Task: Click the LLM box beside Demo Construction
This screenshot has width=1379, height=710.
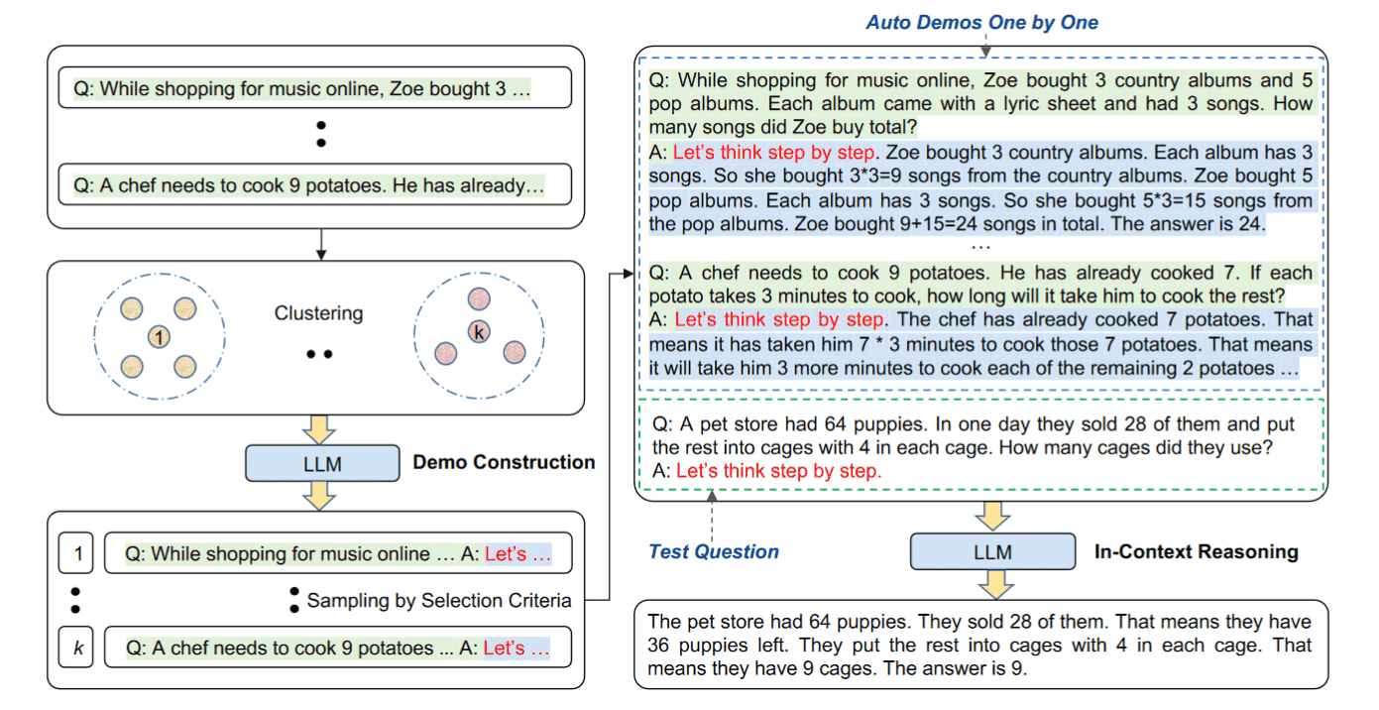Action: click(322, 463)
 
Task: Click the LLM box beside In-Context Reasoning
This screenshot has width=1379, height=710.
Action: click(992, 551)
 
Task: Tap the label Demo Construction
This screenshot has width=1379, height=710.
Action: click(504, 462)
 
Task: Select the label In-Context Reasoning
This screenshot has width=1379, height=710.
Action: click(1197, 551)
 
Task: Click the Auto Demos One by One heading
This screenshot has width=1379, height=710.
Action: click(981, 22)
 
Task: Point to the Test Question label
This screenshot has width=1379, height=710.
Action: click(714, 551)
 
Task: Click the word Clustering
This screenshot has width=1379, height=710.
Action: click(318, 313)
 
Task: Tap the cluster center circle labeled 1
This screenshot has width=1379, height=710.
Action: click(159, 337)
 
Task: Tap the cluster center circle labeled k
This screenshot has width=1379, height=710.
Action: click(479, 332)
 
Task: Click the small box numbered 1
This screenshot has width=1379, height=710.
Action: click(75, 553)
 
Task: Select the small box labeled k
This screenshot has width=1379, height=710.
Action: click(75, 648)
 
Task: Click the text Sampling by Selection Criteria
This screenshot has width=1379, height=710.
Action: click(439, 600)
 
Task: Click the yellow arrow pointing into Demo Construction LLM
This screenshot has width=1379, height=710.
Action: click(319, 429)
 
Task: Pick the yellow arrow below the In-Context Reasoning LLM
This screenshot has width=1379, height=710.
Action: click(995, 584)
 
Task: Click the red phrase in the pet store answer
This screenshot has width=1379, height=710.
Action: click(779, 471)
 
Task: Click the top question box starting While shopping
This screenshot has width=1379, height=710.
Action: click(314, 88)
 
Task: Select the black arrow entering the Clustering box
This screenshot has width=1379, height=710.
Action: click(321, 245)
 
